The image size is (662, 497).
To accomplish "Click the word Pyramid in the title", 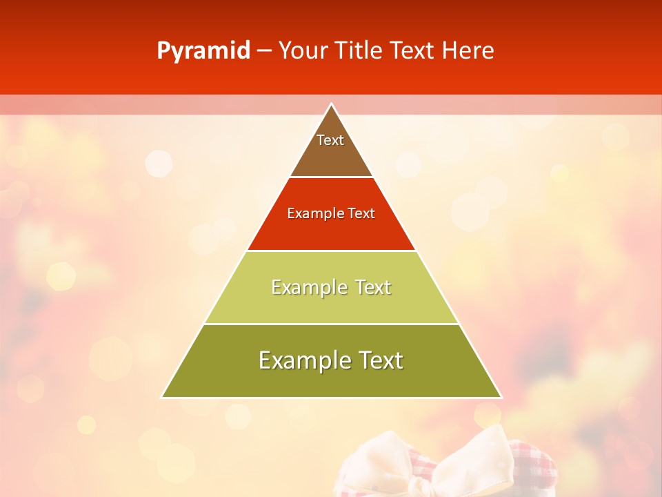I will tap(203, 51).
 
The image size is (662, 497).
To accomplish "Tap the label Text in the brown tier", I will tap(330, 140).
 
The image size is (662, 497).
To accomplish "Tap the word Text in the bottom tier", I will tap(380, 360).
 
